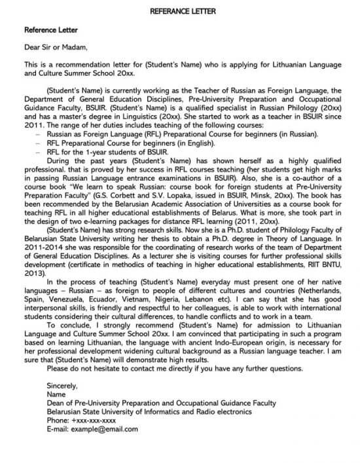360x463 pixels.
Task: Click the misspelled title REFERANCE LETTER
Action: [180, 12]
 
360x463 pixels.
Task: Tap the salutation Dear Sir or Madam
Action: [55, 47]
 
